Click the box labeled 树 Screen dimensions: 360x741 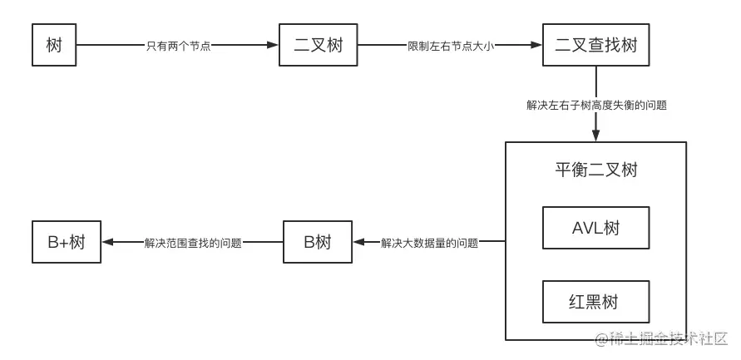[53, 45]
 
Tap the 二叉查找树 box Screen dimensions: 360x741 [595, 45]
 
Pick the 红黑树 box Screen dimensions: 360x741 [595, 302]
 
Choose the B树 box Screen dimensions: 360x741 [318, 243]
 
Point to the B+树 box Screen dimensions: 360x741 [67, 243]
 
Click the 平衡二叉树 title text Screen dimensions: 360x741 [595, 170]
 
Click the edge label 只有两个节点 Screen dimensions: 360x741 [179, 46]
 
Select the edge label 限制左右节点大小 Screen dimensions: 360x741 [451, 46]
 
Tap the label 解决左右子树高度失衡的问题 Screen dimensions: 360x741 [596, 106]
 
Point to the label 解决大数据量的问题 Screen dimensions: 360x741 [429, 244]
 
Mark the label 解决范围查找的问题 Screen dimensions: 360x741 [192, 244]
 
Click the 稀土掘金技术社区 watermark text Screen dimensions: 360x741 [665, 339]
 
